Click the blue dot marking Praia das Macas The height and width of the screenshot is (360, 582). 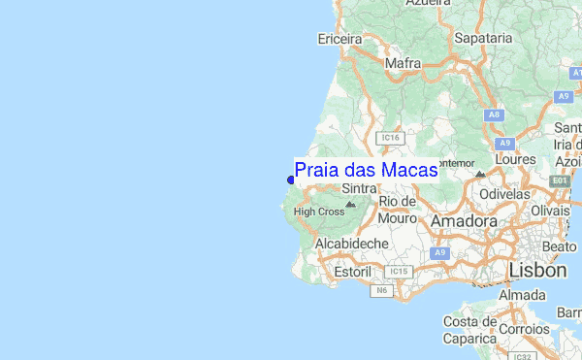(291, 179)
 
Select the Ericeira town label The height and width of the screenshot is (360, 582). (339, 39)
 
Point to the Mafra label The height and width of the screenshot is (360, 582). (403, 65)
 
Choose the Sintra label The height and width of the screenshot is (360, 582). (360, 190)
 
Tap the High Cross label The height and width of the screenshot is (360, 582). (318, 212)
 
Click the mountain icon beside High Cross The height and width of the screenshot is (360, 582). (351, 205)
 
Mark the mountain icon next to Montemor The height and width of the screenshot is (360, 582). (480, 174)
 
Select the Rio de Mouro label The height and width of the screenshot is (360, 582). (398, 210)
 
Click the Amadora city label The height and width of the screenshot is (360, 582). (464, 221)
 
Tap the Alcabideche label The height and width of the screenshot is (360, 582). (351, 243)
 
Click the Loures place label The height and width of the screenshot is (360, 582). (515, 158)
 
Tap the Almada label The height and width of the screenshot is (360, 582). (522, 295)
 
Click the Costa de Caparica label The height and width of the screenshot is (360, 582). (470, 330)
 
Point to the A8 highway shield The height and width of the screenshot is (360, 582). (495, 115)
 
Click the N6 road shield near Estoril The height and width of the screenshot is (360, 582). (381, 289)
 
